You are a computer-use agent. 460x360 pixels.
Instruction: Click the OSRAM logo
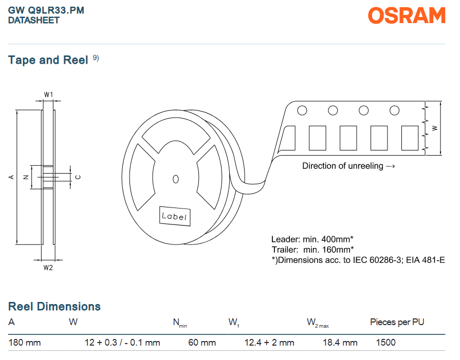(407, 15)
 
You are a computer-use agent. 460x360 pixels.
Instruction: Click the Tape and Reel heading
(48, 60)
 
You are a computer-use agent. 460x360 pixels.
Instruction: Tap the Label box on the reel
(175, 216)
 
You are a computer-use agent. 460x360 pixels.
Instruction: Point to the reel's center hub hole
(175, 179)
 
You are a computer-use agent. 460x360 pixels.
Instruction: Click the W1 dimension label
(48, 94)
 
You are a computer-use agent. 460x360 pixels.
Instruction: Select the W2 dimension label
(48, 268)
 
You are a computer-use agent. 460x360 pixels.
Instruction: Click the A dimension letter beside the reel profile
(11, 177)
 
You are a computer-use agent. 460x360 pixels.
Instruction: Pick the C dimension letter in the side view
(78, 177)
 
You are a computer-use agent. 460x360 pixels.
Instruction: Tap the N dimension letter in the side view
(26, 177)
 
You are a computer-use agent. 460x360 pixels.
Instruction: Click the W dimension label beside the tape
(435, 128)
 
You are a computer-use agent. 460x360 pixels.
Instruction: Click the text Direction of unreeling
(343, 166)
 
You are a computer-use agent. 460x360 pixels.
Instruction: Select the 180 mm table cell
(25, 343)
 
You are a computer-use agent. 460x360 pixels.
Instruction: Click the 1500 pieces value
(386, 343)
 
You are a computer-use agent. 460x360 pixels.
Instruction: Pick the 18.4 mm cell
(340, 343)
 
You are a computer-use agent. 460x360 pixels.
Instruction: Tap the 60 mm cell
(202, 343)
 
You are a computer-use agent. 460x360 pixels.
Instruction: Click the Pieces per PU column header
(397, 322)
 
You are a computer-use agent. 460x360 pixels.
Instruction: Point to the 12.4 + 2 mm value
(269, 343)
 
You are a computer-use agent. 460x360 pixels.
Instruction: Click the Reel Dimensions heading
(54, 307)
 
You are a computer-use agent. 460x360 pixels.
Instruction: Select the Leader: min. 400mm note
(312, 239)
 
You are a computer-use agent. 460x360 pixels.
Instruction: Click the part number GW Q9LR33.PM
(46, 10)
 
